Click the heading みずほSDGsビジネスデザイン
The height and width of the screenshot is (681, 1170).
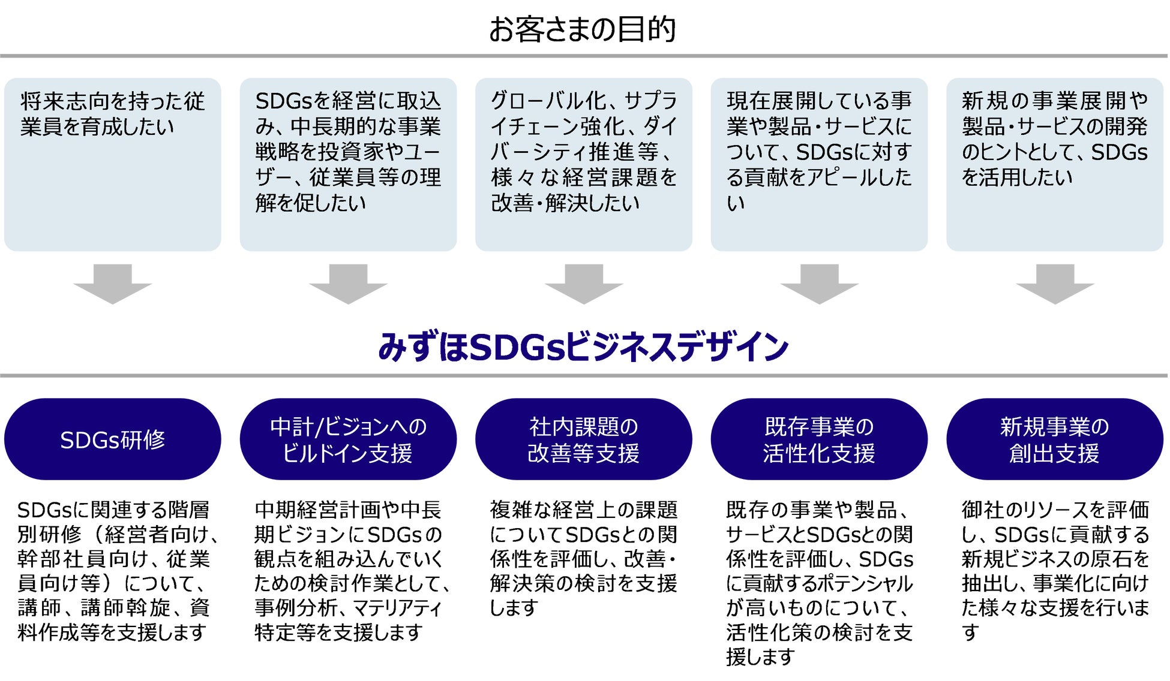coord(583,347)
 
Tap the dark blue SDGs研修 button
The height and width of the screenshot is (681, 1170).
coord(113,439)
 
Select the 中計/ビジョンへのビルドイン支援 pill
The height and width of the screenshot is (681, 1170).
coord(348,439)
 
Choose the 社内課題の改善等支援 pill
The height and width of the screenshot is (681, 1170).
coord(583,439)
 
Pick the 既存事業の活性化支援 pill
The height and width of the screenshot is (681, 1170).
coord(819,439)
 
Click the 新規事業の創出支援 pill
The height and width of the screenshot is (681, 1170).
coord(1054,439)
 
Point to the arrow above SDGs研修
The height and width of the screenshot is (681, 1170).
coord(113,283)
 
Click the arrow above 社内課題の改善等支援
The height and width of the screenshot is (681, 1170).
coord(583,283)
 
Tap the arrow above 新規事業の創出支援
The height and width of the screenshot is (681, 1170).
coord(1054,283)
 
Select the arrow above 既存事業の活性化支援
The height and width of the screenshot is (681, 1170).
coord(819,283)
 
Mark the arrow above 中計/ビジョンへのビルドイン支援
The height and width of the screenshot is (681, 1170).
coord(348,283)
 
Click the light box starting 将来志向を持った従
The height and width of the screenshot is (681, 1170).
coord(113,164)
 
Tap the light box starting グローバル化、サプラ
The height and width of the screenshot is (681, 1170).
coord(583,164)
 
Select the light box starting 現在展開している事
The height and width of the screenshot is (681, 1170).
coord(819,164)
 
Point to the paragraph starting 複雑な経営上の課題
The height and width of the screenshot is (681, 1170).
coord(583,558)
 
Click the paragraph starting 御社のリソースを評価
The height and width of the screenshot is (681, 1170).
coord(1054,570)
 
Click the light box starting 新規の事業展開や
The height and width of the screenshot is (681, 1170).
coord(1054,164)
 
